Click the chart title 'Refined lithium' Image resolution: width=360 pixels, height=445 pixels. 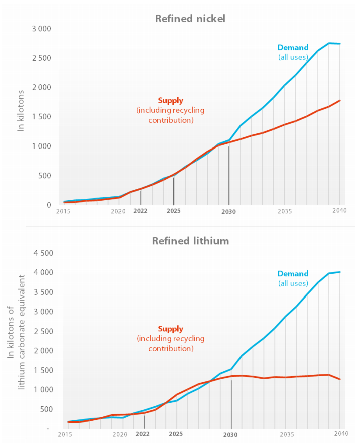coord(190,241)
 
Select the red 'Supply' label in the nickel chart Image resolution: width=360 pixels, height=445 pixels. coord(170,100)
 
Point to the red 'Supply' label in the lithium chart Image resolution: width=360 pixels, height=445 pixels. coord(170,329)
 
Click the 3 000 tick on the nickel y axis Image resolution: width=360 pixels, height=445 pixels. coord(41,29)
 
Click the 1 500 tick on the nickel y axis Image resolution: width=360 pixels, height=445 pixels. coord(41,117)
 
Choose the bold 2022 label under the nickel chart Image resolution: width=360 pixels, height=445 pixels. coord(141,211)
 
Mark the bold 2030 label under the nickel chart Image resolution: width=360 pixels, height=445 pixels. coord(229,212)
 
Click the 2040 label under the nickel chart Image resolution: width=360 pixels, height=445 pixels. coord(339,211)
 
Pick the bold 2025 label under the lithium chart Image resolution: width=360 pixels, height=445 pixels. coord(176,434)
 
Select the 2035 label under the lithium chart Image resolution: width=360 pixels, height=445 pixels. coord(287,434)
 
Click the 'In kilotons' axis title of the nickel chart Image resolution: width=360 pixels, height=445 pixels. coord(21,111)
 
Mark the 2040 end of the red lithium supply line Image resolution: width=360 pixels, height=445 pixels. coord(340,379)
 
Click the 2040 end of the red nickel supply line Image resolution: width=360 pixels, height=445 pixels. coord(340,100)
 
